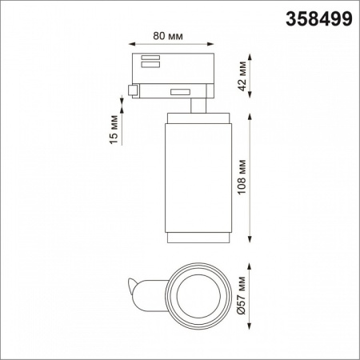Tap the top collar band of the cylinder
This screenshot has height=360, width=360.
tap(198, 118)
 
